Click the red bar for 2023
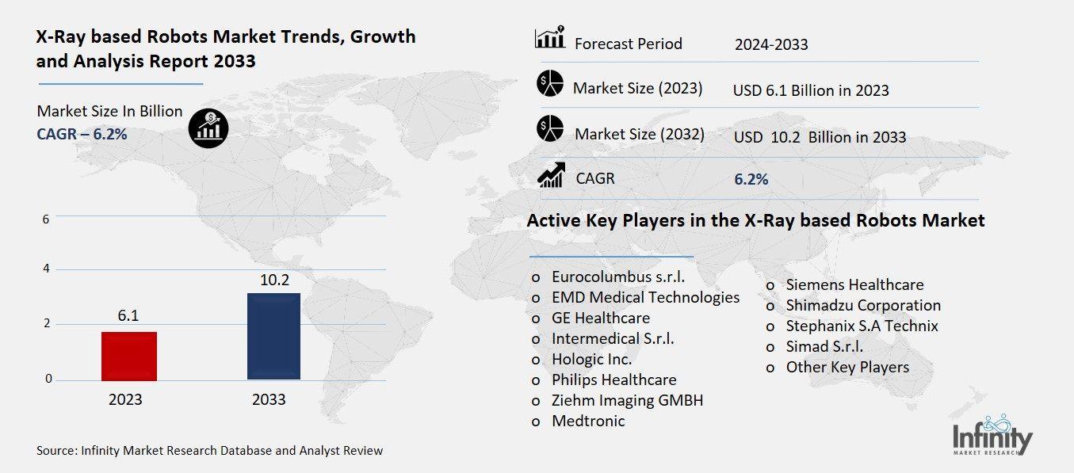tap(129, 356)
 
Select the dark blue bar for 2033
tap(273, 336)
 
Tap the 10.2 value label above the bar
tap(273, 280)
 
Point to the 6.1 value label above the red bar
tap(128, 316)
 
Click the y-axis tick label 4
tap(47, 269)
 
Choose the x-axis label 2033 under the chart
tap(269, 399)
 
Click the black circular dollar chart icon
tap(209, 128)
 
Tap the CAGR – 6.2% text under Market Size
tap(82, 134)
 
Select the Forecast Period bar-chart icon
tap(549, 38)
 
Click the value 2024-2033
tap(771, 44)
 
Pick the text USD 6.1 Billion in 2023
tap(810, 90)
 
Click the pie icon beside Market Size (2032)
tap(549, 130)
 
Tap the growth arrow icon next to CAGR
tap(551, 175)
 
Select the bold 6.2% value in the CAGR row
tap(751, 180)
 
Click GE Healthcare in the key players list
tap(600, 318)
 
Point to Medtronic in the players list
tap(587, 421)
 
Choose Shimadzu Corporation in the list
tap(862, 305)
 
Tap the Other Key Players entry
tap(847, 367)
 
